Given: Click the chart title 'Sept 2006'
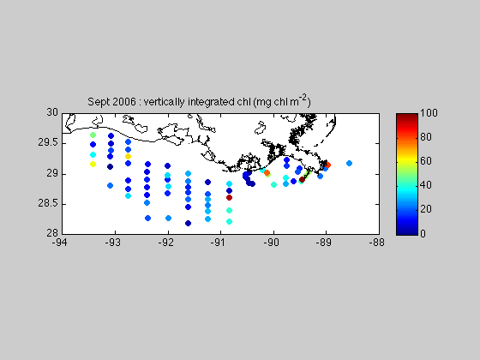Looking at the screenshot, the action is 111,102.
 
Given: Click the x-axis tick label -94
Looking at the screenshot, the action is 59,243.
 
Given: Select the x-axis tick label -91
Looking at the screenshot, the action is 218,243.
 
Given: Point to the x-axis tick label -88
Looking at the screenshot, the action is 377,243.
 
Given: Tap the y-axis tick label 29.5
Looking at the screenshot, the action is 48,142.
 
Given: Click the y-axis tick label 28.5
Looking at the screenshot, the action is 48,203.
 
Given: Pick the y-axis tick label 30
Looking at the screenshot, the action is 52,112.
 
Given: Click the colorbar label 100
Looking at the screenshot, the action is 429,113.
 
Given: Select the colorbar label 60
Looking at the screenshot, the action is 426,161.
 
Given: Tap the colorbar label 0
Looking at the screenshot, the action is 423,234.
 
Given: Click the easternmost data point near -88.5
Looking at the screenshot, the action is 349,163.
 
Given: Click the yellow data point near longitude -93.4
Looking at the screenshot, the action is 93,165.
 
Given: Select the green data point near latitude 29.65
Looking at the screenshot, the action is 93,135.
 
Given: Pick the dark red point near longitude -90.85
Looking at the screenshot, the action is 229,198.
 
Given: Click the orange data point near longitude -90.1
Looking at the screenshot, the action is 267,172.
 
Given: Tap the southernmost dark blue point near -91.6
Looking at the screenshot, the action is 188,223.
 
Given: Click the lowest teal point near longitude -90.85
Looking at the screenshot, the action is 229,222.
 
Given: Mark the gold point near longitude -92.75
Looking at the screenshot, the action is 128,156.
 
